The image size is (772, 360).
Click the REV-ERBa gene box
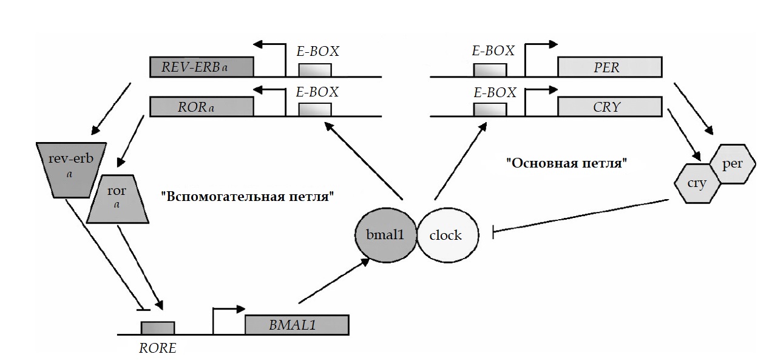coord(201,67)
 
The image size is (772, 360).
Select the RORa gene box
coord(201,107)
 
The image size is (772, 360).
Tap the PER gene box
coord(609,67)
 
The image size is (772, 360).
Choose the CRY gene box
coord(609,107)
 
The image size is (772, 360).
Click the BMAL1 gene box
coord(297,325)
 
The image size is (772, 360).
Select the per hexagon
coord(732,164)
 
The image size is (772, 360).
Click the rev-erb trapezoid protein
coord(72,169)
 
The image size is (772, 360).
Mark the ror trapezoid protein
coord(117,200)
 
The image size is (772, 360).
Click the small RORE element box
coord(158,328)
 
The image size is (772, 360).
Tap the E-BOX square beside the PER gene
coord(490,69)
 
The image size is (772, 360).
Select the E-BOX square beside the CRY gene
coord(490,110)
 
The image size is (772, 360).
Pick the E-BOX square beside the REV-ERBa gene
coord(315,69)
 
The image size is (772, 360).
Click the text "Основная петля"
coord(566,163)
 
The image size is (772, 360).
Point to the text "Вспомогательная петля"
coord(248,197)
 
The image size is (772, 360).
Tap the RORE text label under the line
coord(157,348)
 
